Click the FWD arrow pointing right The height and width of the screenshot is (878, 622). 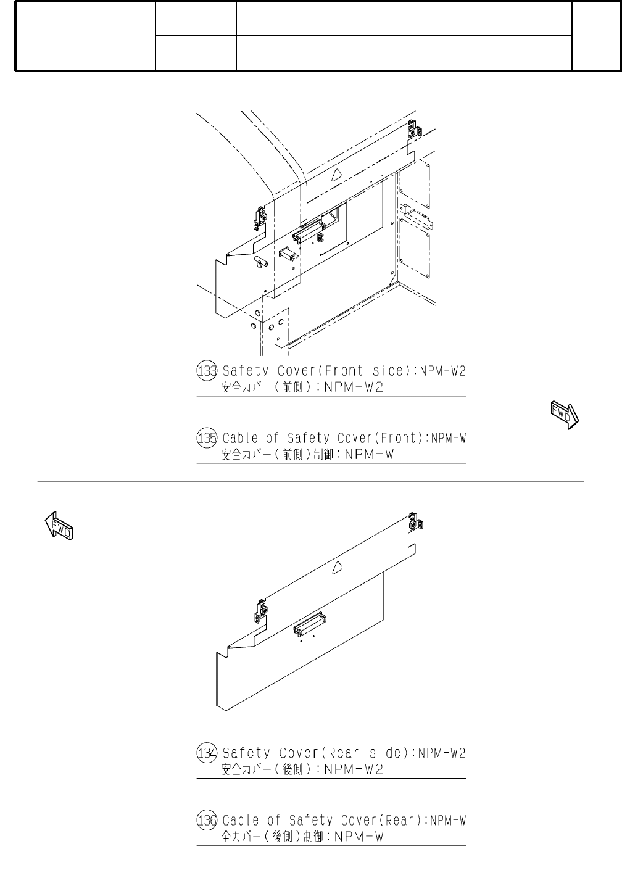tap(564, 414)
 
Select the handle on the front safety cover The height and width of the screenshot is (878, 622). tap(308, 231)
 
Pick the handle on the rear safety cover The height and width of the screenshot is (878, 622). tap(310, 624)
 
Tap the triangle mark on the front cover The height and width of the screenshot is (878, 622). tap(336, 175)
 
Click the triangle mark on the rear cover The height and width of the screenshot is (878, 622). tap(337, 568)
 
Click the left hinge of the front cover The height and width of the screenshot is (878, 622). tap(261, 217)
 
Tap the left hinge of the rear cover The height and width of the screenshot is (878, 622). tap(262, 611)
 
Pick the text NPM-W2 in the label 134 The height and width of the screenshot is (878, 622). tap(442, 753)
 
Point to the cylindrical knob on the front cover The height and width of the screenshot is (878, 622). tap(259, 262)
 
